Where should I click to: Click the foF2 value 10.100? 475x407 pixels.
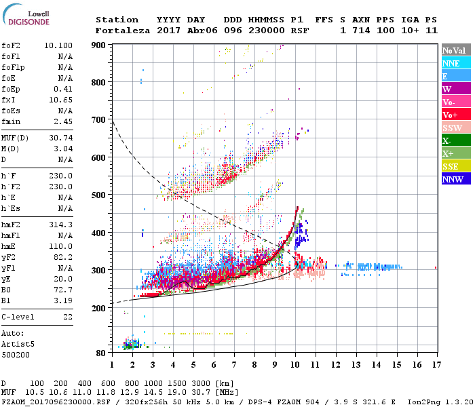[58, 45]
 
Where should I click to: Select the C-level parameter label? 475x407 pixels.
[19, 317]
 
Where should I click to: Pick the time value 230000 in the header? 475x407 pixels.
[267, 31]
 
